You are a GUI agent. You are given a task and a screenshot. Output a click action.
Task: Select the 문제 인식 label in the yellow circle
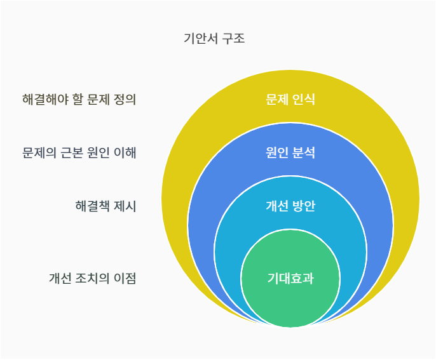coord(290,100)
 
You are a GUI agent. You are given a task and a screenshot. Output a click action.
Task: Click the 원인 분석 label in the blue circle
coord(290,153)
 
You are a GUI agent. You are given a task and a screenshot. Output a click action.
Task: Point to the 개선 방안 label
coord(290,206)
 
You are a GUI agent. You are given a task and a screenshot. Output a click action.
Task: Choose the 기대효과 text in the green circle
coord(290,278)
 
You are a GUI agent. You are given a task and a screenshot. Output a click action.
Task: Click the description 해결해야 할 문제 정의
coord(79,100)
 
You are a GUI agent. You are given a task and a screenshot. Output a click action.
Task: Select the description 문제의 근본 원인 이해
coord(79,153)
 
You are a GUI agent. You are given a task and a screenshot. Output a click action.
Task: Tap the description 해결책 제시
coord(106,206)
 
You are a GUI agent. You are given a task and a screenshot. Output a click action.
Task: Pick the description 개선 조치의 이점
coord(93,278)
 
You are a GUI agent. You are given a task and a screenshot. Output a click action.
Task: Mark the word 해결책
coord(92,206)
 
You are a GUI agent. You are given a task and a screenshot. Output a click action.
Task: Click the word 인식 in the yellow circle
coord(304,100)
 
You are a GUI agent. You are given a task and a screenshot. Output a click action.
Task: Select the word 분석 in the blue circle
coord(304,153)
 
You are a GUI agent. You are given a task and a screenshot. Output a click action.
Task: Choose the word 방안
coord(304,206)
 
